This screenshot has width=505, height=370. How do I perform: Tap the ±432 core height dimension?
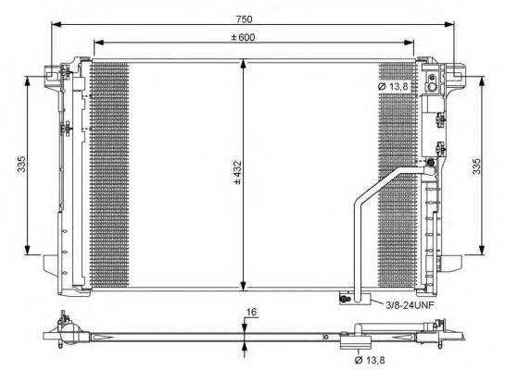(x=236, y=175)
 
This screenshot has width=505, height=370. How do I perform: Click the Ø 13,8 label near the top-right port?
(x=393, y=86)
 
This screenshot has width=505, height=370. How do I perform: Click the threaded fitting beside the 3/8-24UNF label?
(x=345, y=298)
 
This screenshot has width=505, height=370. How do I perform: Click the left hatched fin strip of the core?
(x=107, y=175)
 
